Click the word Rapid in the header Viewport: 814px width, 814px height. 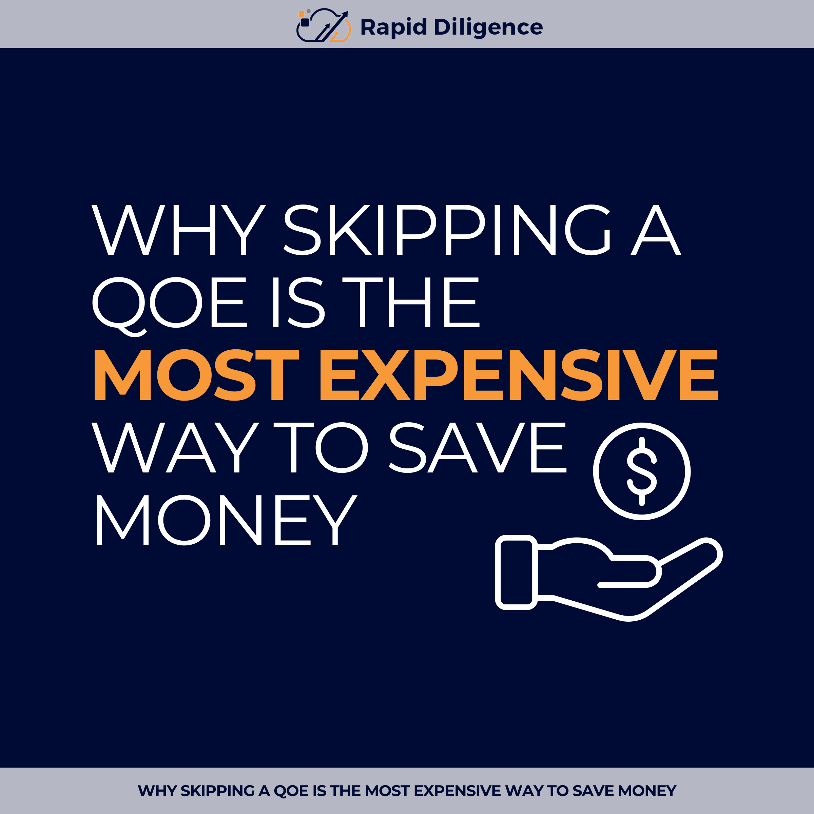(x=393, y=27)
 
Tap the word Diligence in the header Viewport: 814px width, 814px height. (x=488, y=27)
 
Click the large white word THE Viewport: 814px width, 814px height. (x=411, y=302)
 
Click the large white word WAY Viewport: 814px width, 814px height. (x=175, y=447)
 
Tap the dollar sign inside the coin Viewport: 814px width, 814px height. (x=642, y=471)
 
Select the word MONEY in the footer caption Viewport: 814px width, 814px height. (x=647, y=791)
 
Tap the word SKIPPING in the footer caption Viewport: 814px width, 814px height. (x=218, y=791)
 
